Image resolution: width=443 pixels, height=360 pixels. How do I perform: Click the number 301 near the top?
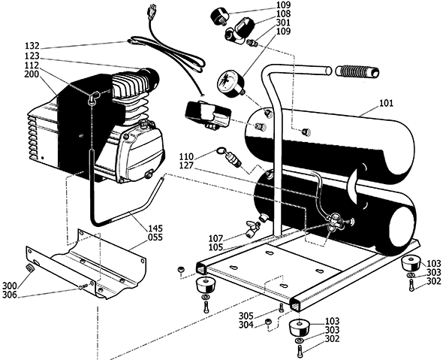pyautogui.click(x=282, y=23)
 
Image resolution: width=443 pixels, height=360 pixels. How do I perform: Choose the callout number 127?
pyautogui.click(x=188, y=165)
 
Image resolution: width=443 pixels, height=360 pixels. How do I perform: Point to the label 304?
pyautogui.click(x=246, y=325)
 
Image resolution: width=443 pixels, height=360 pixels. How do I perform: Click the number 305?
pyautogui.click(x=246, y=316)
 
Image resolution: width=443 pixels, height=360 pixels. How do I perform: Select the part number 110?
pyautogui.click(x=188, y=156)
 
